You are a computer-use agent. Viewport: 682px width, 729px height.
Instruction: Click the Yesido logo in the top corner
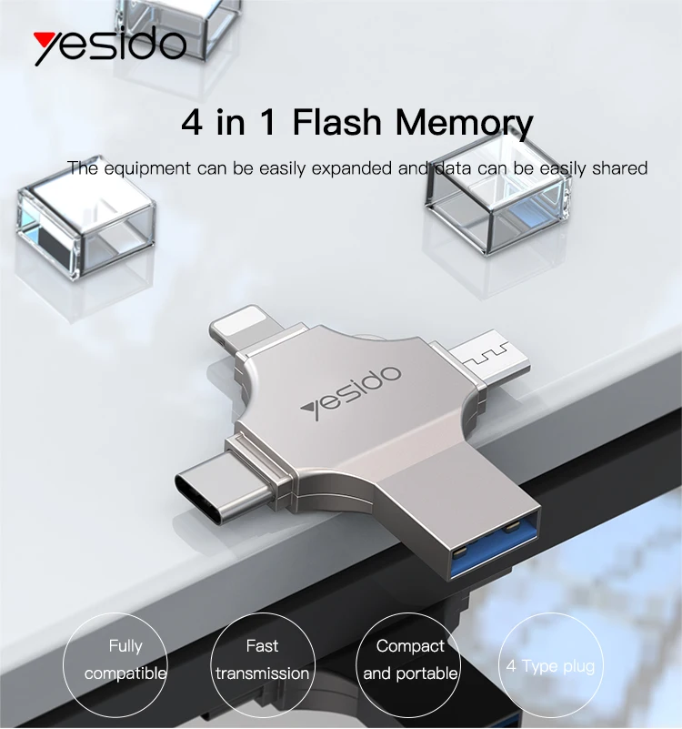[109, 45]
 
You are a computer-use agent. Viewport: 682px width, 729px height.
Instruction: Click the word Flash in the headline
[339, 123]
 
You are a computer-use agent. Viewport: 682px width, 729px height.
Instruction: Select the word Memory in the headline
[465, 123]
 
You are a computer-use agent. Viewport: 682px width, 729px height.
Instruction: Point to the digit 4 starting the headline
[192, 123]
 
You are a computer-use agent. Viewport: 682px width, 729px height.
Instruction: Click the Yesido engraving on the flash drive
[350, 392]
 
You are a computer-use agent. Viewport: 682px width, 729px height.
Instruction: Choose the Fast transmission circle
[262, 660]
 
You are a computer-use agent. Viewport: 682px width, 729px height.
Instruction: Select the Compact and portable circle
[410, 660]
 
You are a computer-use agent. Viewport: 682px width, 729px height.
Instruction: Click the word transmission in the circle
[262, 673]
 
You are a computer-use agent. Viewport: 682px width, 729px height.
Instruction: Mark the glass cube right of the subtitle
[497, 196]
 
